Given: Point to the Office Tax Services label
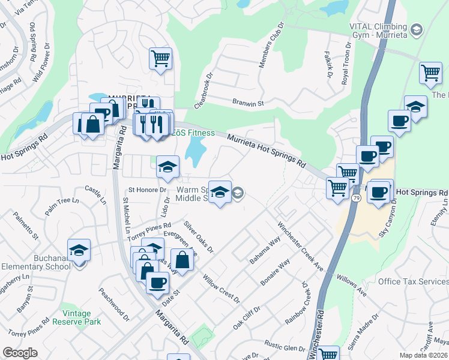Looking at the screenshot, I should pos(414,281).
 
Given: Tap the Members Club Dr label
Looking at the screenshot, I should pos(271,46).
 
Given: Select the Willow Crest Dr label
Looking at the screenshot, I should pos(221,289).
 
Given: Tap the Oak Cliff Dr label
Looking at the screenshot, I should pos(247,318).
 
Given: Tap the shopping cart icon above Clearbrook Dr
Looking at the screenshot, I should pos(160,59).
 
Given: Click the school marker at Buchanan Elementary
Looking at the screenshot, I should pos(79,250).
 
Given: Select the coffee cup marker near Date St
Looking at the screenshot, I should pos(157,283).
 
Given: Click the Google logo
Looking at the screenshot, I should pos(20,352).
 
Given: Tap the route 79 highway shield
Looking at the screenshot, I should pos(355,197).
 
